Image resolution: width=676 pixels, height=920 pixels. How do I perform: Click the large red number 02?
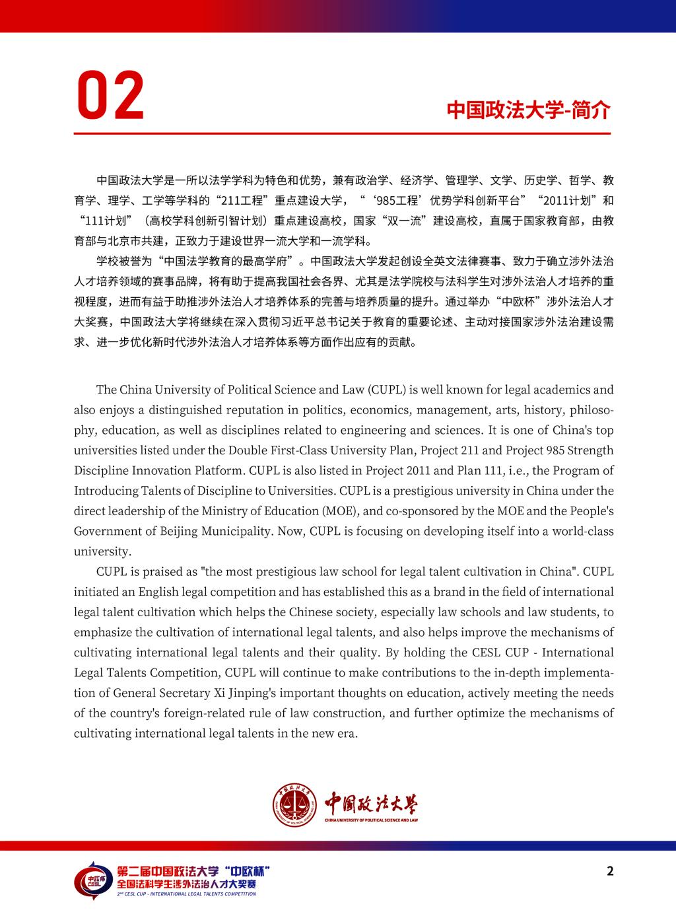tap(110, 96)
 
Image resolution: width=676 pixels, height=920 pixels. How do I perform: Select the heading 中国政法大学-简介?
tap(528, 110)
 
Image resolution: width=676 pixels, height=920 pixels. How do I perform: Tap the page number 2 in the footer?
tap(610, 870)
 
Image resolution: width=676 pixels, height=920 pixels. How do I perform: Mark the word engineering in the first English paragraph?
tap(374, 430)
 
